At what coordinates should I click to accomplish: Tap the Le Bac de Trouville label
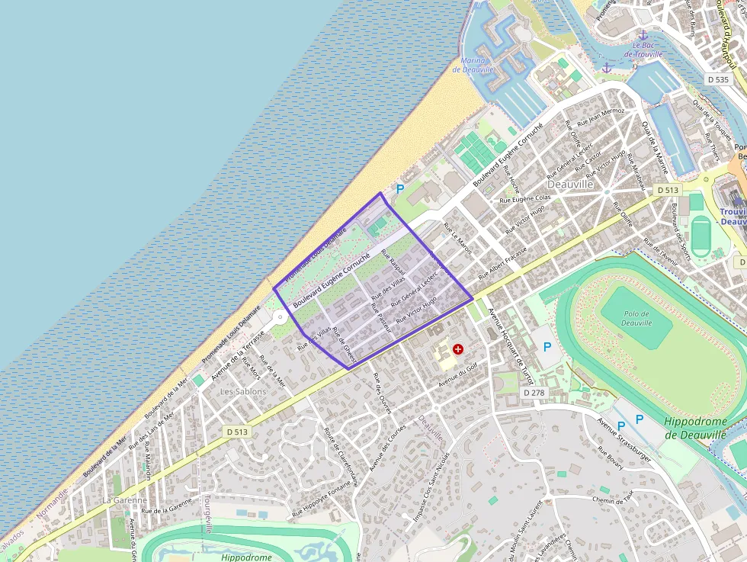point(643,50)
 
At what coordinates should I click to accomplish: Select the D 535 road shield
point(718,79)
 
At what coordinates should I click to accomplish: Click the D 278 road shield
point(535,392)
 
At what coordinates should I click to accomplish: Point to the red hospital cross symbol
point(458,348)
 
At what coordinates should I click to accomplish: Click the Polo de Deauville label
point(636,318)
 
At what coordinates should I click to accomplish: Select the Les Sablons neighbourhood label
point(243,391)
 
